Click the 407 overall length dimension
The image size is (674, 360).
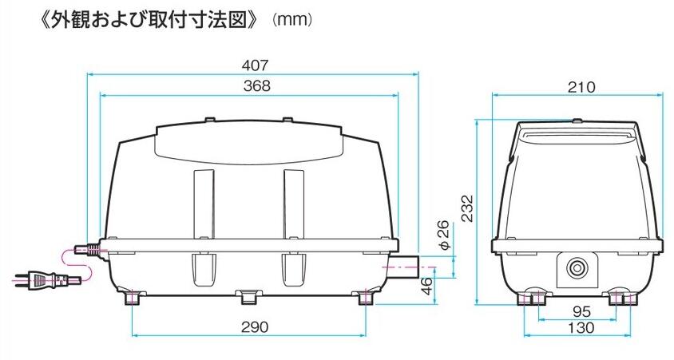(255, 65)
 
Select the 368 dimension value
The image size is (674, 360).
(257, 86)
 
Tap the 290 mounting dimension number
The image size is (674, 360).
(255, 327)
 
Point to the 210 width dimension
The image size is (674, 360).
(581, 87)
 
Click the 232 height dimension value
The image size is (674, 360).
(467, 208)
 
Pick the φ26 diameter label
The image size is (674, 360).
(444, 235)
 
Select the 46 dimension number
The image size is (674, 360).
(426, 286)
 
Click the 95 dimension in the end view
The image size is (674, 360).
(581, 311)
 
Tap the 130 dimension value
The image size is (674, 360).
(581, 328)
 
